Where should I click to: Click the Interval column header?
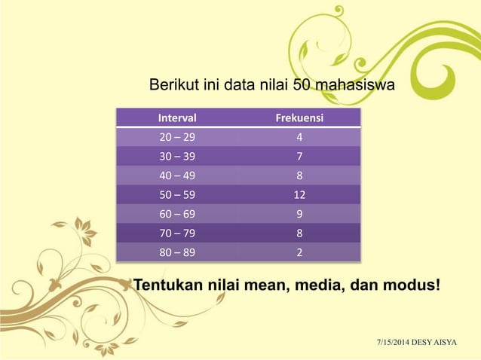pyautogui.click(x=177, y=118)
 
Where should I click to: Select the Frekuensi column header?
pyautogui.click(x=300, y=118)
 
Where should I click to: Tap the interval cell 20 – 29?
pyautogui.click(x=175, y=139)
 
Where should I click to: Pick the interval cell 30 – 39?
pyautogui.click(x=175, y=157)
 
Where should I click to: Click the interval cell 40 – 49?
pyautogui.click(x=175, y=176)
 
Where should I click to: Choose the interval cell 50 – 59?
pyautogui.click(x=175, y=195)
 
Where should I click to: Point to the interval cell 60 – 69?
pyautogui.click(x=175, y=215)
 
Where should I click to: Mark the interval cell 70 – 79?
pyautogui.click(x=175, y=233)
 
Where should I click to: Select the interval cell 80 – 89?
pyautogui.click(x=175, y=252)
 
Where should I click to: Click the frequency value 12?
pyautogui.click(x=300, y=195)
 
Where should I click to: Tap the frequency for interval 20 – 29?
pyautogui.click(x=300, y=139)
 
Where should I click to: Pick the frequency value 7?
pyautogui.click(x=300, y=157)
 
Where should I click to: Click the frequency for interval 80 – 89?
pyautogui.click(x=300, y=252)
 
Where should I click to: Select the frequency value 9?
pyautogui.click(x=300, y=215)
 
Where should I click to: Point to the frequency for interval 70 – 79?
pyautogui.click(x=300, y=233)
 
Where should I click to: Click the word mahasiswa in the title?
pyautogui.click(x=355, y=85)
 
